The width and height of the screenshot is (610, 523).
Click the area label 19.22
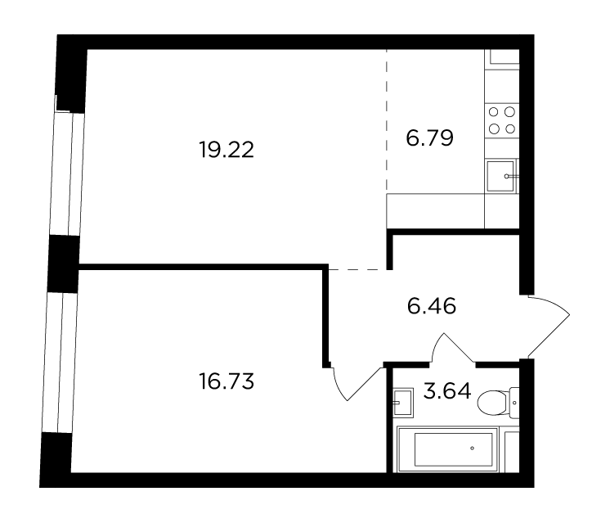click(x=227, y=150)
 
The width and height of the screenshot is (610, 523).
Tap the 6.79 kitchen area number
click(x=429, y=138)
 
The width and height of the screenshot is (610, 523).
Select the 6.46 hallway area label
click(x=432, y=306)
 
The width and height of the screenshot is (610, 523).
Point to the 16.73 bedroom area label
click(x=227, y=381)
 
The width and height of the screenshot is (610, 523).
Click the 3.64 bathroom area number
click(x=447, y=391)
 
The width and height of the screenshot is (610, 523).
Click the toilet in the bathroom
click(x=498, y=403)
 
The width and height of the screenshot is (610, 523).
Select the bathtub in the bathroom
click(x=447, y=449)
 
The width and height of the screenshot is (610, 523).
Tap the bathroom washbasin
click(x=402, y=403)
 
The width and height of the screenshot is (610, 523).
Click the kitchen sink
click(x=501, y=176)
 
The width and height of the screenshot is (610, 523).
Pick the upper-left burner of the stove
click(x=493, y=112)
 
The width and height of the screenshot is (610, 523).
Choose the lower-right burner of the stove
click(x=509, y=128)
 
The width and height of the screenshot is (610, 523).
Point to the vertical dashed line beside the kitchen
click(x=387, y=120)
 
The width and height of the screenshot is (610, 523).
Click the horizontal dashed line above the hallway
click(x=357, y=269)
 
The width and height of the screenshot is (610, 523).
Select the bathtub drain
click(x=473, y=449)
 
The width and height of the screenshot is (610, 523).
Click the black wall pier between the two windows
click(x=64, y=264)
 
